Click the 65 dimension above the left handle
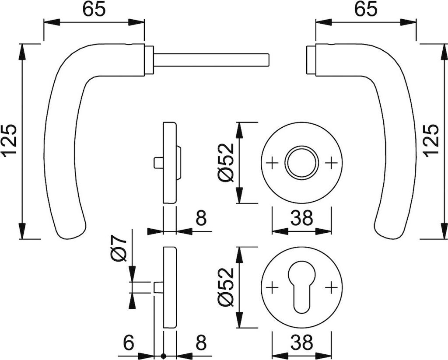tap(94, 10)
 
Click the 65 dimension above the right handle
tap(366, 10)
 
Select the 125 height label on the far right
tap(431, 140)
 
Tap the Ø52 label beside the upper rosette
tap(227, 162)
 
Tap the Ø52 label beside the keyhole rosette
tap(227, 287)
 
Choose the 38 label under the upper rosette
tap(302, 218)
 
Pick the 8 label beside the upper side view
tap(201, 218)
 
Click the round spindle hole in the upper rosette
tap(302, 163)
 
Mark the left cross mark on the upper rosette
tap(272, 163)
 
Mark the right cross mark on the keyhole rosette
tap(332, 287)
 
